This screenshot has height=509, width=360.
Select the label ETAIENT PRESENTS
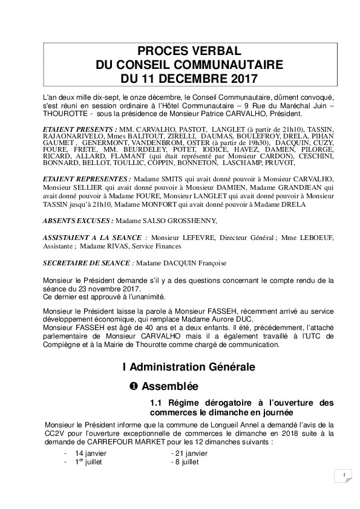80,129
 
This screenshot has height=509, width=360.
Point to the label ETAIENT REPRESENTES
87,180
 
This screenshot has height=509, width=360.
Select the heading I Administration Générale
189,367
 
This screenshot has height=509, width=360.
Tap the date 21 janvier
188,453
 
